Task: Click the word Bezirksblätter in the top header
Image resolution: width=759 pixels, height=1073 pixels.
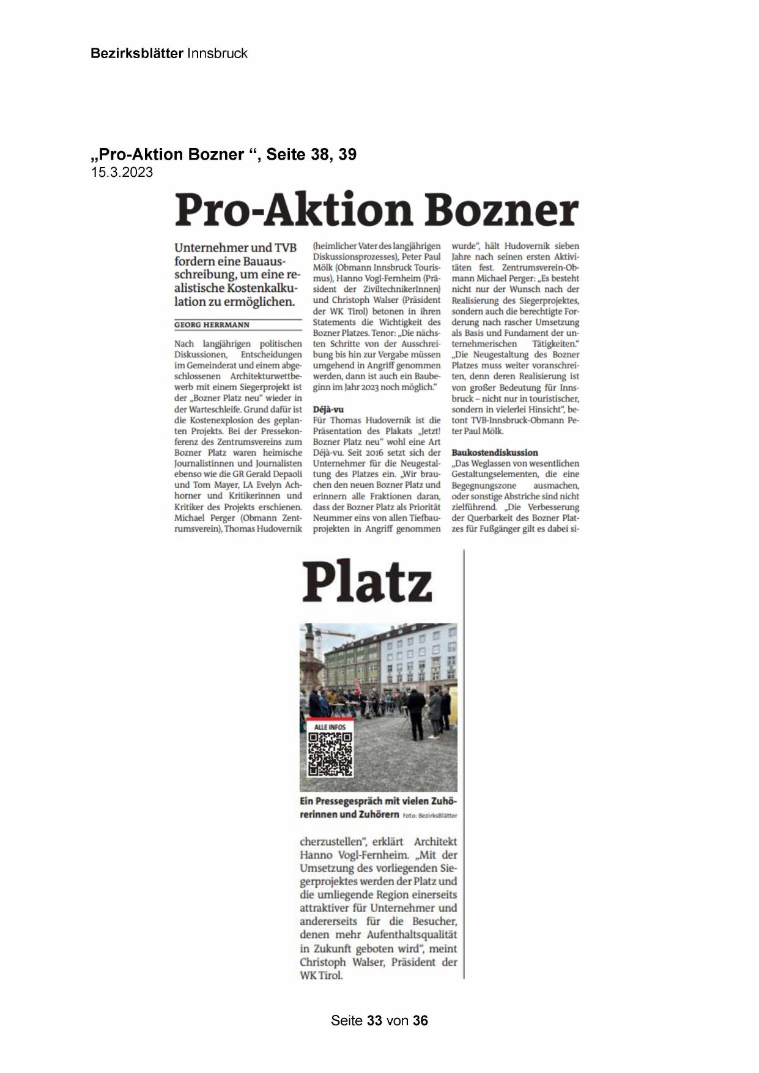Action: point(136,53)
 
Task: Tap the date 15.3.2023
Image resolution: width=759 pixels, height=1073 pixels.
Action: point(122,173)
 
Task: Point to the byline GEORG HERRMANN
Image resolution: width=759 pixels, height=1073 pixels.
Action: point(212,325)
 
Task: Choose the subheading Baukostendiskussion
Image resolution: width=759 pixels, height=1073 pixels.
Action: point(495,453)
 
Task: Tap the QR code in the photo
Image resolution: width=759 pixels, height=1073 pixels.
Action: point(330,754)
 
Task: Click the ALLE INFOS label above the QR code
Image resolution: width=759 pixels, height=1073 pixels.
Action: point(330,727)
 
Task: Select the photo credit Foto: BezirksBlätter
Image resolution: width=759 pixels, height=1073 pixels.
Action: point(430,815)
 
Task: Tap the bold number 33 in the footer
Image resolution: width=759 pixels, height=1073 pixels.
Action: point(375,1020)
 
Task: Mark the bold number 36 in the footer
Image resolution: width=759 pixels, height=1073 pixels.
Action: point(420,1020)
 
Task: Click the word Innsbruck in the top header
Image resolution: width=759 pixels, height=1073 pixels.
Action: point(217,53)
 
